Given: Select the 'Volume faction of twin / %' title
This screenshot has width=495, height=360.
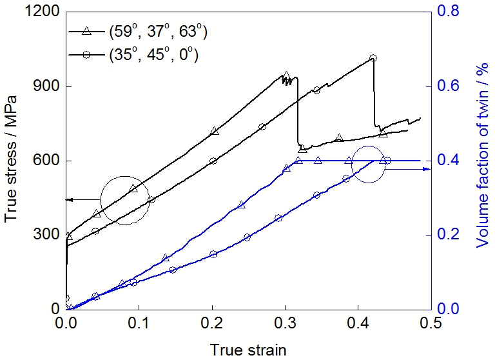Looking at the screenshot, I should pos(482,160).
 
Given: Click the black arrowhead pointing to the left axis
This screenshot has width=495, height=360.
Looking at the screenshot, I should pos(69,200).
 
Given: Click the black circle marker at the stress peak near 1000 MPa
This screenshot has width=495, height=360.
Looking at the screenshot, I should pos(373,58).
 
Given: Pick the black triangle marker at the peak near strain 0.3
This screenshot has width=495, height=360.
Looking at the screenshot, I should pos(286,75).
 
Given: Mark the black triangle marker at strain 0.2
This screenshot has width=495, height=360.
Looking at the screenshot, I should pos(215,131).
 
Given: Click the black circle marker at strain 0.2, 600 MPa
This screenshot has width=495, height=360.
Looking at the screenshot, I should pos(213,161).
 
